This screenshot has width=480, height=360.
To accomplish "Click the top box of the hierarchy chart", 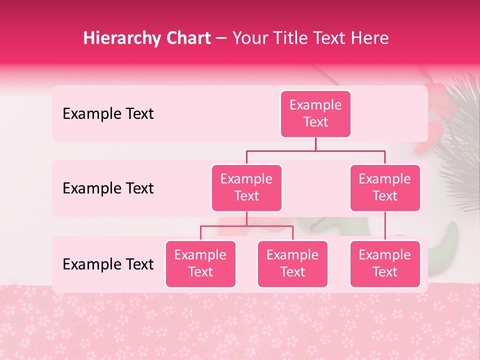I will click(315, 113).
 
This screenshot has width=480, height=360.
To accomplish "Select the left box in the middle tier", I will click(246, 187).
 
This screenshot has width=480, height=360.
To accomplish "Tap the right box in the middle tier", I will click(385, 187).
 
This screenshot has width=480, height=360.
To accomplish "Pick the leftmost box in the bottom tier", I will click(200, 263).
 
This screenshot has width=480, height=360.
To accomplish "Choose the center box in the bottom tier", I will click(292, 263).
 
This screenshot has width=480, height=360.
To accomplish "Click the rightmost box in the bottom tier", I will click(385, 263).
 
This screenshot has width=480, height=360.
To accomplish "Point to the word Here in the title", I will click(370, 38).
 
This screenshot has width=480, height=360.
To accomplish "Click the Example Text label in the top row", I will click(108, 113).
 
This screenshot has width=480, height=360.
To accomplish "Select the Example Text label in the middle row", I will click(108, 188).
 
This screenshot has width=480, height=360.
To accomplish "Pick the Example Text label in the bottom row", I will click(108, 264).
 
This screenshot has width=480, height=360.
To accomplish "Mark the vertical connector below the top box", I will click(315, 144).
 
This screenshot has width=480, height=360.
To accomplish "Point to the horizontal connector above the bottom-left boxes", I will click(246, 226).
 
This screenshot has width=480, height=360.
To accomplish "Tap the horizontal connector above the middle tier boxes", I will click(315, 150).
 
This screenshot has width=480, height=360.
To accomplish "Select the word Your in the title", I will click(250, 38).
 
